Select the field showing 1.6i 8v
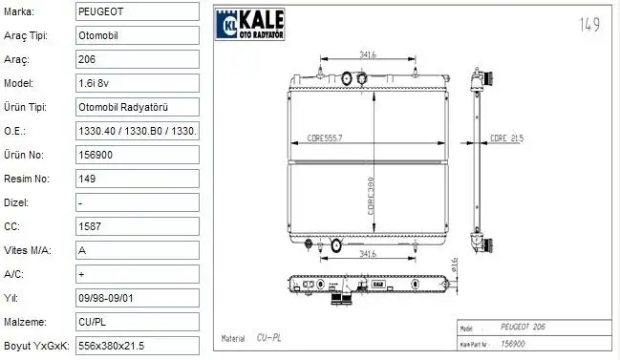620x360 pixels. [x=137, y=82]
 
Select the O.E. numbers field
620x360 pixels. [x=137, y=130]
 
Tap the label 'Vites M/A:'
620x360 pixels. [x=29, y=250]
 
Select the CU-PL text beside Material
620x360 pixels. [x=268, y=338]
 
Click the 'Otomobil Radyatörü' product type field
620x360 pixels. [x=137, y=106]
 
